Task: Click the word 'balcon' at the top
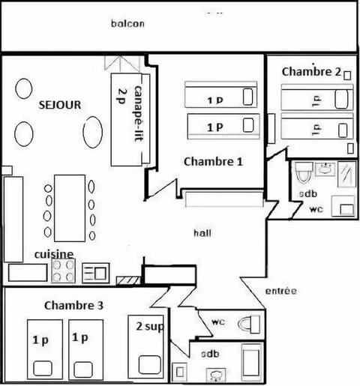click(127, 23)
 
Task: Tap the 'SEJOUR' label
click(59, 105)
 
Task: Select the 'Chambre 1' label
click(213, 161)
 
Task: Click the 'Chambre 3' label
click(73, 305)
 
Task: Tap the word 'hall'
click(202, 233)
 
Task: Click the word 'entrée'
click(281, 291)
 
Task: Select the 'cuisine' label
click(53, 254)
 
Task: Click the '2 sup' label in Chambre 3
click(148, 327)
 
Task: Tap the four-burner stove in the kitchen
click(63, 271)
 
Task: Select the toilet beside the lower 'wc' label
click(249, 325)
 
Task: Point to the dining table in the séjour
click(70, 208)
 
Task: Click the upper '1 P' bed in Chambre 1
click(220, 97)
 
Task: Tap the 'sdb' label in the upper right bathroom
click(308, 194)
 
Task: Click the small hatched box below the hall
click(128, 281)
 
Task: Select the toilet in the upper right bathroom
click(301, 174)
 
